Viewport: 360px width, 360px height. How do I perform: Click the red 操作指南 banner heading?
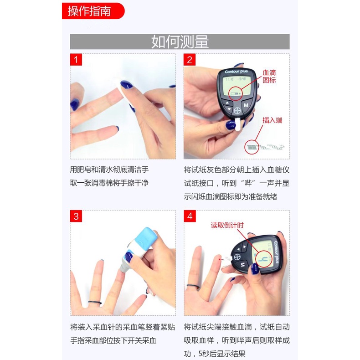pyautogui.click(x=93, y=11)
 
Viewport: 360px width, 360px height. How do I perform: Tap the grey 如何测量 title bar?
pyautogui.click(x=180, y=41)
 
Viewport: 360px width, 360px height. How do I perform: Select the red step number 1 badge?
pyautogui.click(x=76, y=60)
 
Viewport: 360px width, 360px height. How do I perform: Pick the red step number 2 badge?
pyautogui.click(x=190, y=60)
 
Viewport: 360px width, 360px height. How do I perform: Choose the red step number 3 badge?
pyautogui.click(x=76, y=216)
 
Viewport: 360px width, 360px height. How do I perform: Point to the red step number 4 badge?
pyautogui.click(x=190, y=216)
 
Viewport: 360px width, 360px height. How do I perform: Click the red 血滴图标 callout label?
pyautogui.click(x=269, y=77)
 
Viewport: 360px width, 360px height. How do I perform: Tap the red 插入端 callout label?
pyautogui.click(x=273, y=120)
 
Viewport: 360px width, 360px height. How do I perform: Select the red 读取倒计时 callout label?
pyautogui.click(x=227, y=225)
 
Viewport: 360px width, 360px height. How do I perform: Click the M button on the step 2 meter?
pyautogui.click(x=246, y=105)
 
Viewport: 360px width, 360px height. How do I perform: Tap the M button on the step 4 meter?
pyautogui.click(x=243, y=265)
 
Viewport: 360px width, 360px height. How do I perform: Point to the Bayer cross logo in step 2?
pyautogui.click(x=237, y=111)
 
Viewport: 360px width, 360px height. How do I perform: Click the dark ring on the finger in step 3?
pyautogui.click(x=95, y=303)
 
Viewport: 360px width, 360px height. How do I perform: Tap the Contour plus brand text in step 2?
pyautogui.click(x=236, y=72)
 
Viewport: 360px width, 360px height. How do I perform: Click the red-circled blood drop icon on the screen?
pyautogui.click(x=235, y=94)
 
